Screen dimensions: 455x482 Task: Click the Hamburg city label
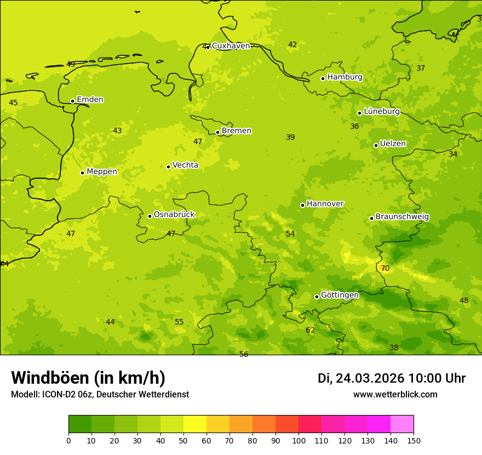coord(345,77)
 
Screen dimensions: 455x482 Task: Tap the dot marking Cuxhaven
coord(208,47)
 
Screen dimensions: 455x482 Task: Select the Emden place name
coord(90,100)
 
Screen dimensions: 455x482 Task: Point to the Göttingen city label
coord(340,295)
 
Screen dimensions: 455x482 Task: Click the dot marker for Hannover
coord(302,205)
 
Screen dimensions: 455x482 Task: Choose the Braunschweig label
coord(402,217)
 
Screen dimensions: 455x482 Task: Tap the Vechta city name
coord(185,165)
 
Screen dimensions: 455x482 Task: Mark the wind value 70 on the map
coord(385,268)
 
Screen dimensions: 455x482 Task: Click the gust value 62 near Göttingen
coord(311,330)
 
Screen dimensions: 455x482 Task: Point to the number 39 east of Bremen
coord(290,137)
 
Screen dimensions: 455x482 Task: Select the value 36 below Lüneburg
coord(354,126)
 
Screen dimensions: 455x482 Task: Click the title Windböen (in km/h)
coord(88,378)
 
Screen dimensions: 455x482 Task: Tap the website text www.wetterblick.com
coord(395,395)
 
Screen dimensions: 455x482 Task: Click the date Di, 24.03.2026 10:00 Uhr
coord(392,378)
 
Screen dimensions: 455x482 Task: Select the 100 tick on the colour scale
coord(299,440)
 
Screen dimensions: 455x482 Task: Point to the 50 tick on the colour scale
coord(183,440)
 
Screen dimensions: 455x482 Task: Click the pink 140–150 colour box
coord(402,424)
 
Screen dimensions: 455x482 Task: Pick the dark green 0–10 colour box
coord(80,424)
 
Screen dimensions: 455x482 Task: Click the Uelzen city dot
coord(376,145)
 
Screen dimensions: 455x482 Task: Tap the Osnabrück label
coord(174,215)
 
